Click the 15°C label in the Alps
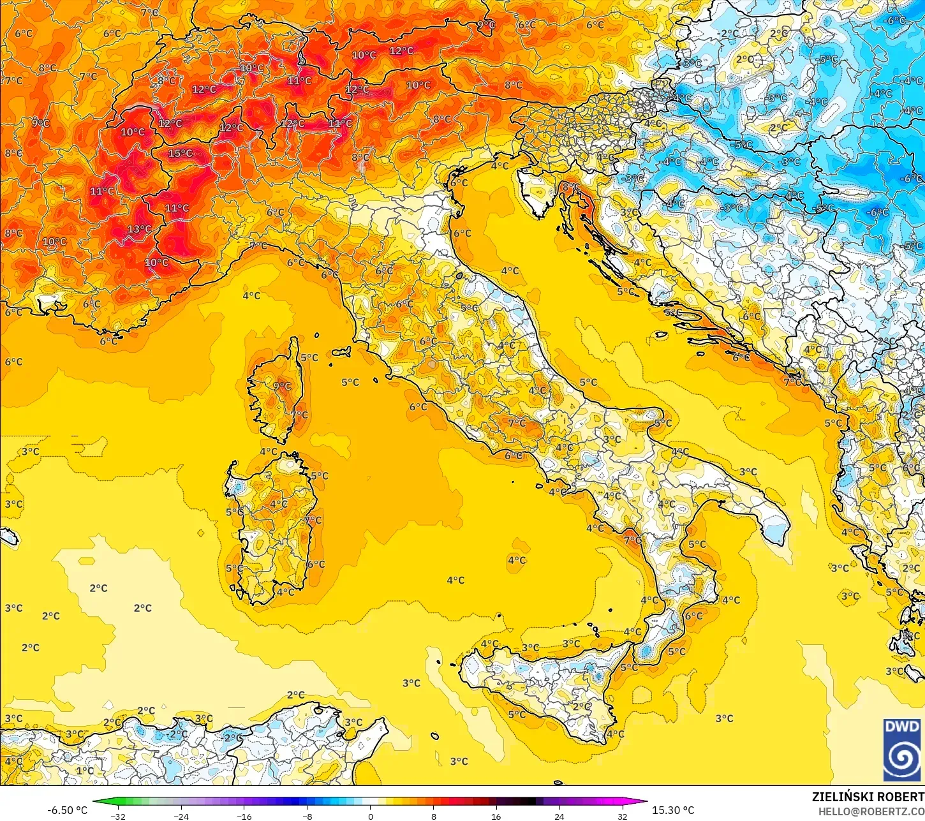click(181, 153)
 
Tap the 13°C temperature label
click(139, 229)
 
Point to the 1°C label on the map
click(85, 770)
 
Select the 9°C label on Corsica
click(282, 386)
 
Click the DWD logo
click(902, 750)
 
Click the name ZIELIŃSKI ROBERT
click(868, 797)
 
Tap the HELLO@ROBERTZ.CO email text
click(871, 811)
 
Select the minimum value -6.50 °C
click(67, 810)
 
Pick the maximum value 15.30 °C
click(673, 810)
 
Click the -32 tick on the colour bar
click(118, 816)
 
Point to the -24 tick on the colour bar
click(181, 816)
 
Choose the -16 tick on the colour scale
click(244, 816)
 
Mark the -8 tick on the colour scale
click(307, 816)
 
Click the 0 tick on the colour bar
click(370, 816)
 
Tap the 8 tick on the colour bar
click(433, 816)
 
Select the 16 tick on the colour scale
click(496, 816)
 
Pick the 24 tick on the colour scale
click(559, 816)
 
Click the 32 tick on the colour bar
click(622, 816)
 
